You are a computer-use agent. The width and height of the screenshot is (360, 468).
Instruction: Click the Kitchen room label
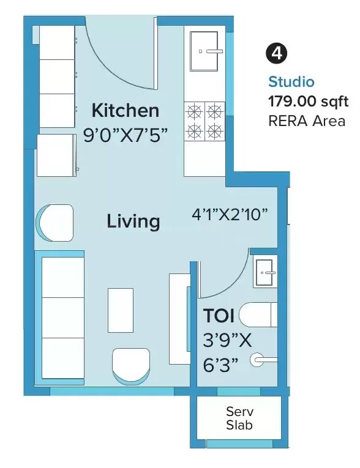125,111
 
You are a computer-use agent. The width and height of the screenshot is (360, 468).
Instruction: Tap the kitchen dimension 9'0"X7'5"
125,135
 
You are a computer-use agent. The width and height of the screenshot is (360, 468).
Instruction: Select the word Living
133,221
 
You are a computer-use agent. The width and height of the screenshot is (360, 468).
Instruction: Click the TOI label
219,316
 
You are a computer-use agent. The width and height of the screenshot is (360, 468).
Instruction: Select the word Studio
291,82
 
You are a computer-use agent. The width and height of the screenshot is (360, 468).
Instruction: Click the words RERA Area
307,121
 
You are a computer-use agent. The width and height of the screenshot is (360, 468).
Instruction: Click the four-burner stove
204,121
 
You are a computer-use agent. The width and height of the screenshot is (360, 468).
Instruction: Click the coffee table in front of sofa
121,310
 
